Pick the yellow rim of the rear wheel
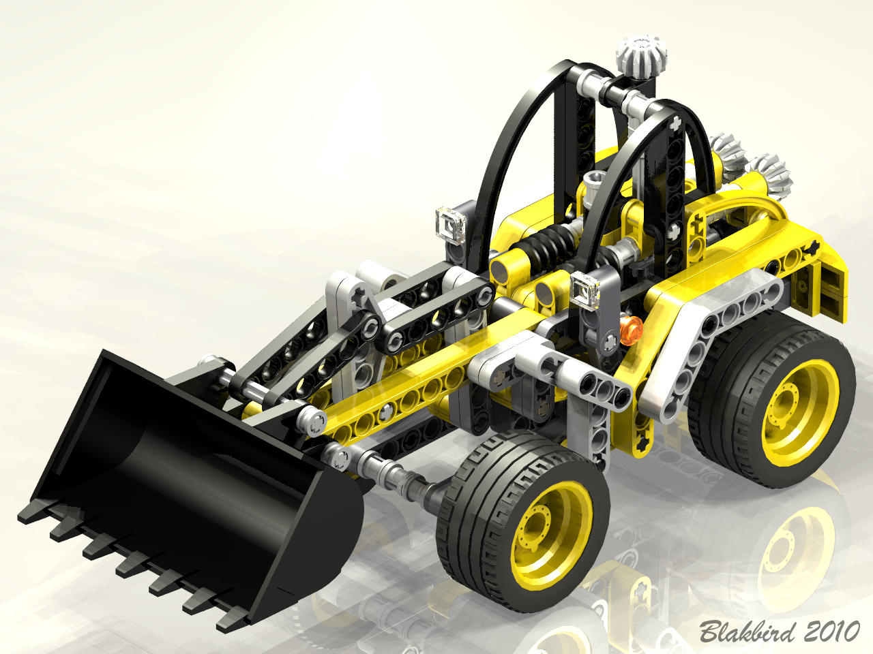tap(800, 413)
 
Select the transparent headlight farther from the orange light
tap(451, 226)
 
